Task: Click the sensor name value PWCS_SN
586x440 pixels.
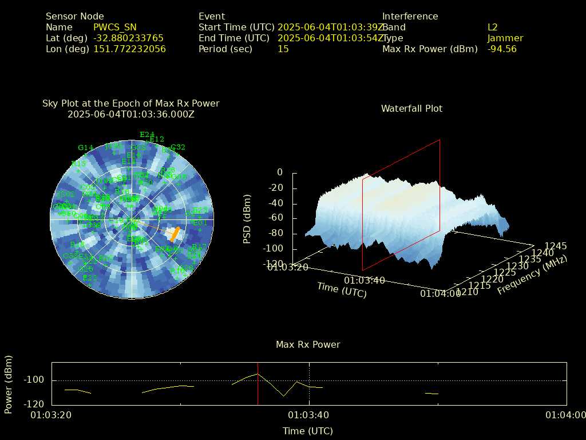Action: click(115, 27)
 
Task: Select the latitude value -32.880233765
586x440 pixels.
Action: click(128, 38)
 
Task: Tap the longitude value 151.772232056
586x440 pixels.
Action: click(129, 49)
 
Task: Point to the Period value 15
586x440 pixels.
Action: click(283, 49)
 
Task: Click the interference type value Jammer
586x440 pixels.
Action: click(505, 38)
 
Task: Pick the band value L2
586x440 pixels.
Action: click(493, 27)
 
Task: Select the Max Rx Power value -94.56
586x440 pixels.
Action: click(502, 49)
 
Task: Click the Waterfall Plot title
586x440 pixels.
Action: click(411, 108)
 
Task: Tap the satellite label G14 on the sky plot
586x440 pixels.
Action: click(85, 148)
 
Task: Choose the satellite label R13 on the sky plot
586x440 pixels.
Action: click(78, 164)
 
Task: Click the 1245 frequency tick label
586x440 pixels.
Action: click(556, 246)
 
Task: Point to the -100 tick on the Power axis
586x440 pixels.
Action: click(34, 380)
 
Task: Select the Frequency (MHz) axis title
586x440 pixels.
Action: click(532, 275)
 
